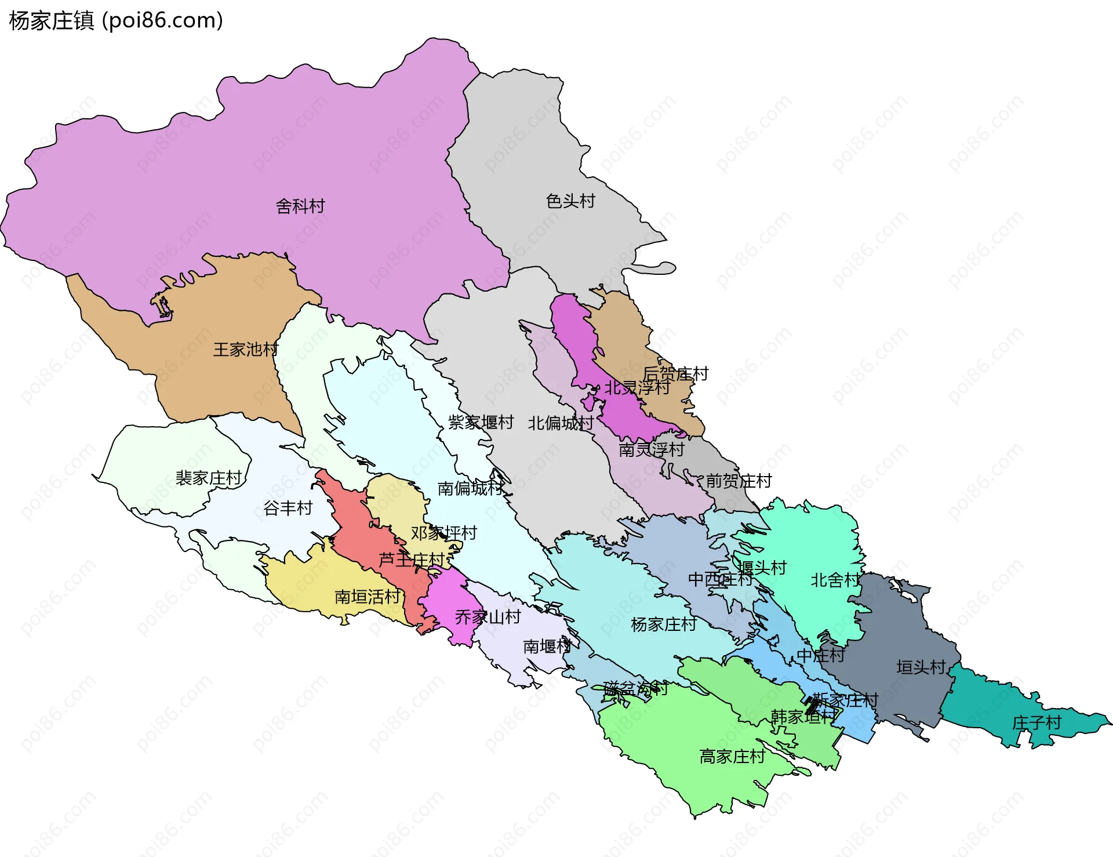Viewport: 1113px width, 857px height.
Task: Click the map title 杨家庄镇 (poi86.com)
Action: coord(116,20)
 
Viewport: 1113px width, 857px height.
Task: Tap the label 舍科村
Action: coord(300,206)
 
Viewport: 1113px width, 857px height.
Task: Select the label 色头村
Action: coord(570,201)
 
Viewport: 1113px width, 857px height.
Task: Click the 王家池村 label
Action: coord(246,349)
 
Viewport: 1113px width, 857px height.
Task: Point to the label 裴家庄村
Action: coord(209,478)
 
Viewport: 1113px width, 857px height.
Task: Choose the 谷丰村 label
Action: coord(288,508)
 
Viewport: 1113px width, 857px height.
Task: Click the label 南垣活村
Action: coord(368,596)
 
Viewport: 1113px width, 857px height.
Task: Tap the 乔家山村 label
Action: coord(488,616)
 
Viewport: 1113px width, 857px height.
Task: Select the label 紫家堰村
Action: coord(481,422)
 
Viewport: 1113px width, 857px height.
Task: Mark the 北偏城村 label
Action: coord(560,423)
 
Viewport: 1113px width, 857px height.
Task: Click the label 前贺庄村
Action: coord(739,481)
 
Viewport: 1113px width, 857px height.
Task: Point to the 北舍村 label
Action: coord(835,580)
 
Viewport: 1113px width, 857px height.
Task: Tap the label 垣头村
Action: coord(921,667)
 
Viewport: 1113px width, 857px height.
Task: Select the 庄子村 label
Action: coord(1036,722)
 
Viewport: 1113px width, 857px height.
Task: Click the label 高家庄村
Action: coord(732,756)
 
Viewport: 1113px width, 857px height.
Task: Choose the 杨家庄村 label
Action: coord(663,624)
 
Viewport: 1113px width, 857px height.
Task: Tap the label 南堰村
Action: coord(547,646)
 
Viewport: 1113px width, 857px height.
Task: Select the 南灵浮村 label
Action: coord(651,449)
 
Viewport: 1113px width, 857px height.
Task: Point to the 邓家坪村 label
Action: coord(443,533)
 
